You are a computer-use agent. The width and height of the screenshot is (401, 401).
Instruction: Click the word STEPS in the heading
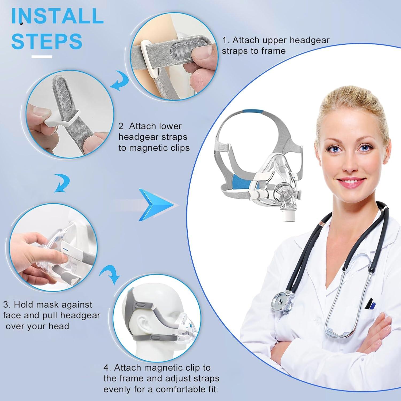pyautogui.click(x=47, y=41)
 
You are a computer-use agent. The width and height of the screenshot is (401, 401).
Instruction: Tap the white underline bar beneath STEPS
pyautogui.click(x=42, y=57)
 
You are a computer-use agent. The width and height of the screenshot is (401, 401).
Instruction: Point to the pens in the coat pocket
pyautogui.click(x=370, y=304)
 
